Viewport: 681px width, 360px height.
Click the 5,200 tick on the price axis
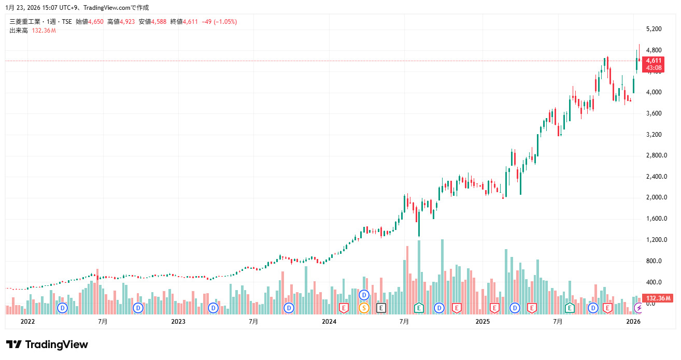654,29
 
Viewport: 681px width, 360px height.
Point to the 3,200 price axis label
654,135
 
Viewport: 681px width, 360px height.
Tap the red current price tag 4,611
654,61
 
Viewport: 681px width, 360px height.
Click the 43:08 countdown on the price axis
654,68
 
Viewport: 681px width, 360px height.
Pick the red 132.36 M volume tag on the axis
657,298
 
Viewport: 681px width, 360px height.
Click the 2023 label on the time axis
178,322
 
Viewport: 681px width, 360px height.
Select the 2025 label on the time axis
483,322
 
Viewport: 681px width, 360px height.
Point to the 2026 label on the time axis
633,322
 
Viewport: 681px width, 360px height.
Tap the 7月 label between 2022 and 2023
103,322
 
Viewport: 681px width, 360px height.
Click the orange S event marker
364,308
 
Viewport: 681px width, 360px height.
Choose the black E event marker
381,308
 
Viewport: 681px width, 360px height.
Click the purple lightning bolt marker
639,308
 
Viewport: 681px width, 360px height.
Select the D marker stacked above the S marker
364,295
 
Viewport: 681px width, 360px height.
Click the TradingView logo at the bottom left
47,344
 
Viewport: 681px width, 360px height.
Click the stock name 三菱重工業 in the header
24,22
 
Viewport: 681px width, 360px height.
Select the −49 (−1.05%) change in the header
220,22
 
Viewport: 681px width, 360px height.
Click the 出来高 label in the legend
19,31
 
